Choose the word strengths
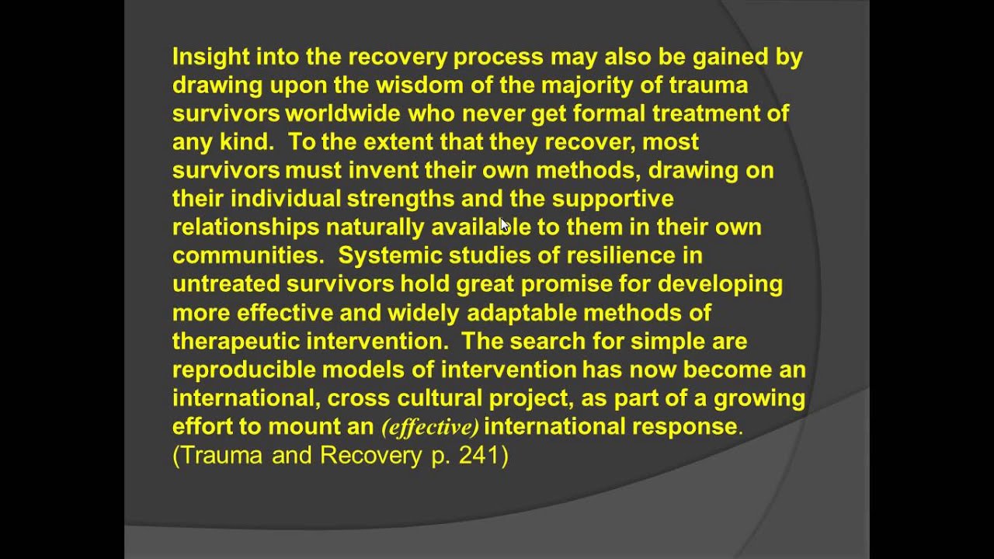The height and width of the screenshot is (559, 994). pos(400,199)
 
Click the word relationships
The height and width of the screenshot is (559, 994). pos(245,227)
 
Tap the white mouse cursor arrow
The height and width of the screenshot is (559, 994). pos(504,225)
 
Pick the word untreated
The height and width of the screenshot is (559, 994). pos(226,284)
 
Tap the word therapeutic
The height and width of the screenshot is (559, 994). pos(236,341)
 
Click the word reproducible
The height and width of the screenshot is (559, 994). pos(244,370)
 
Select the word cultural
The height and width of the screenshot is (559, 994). pos(440,398)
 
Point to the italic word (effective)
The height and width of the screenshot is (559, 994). pos(429,427)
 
